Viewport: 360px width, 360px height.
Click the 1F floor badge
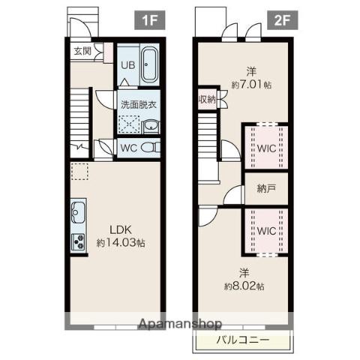pyautogui.click(x=150, y=20)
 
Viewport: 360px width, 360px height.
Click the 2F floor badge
pyautogui.click(x=283, y=20)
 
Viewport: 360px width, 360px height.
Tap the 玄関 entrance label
pyautogui.click(x=82, y=51)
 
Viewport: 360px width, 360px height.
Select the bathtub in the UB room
pyautogui.click(x=149, y=64)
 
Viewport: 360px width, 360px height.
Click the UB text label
pyautogui.click(x=128, y=65)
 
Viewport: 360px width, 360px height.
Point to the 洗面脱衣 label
pyautogui.click(x=139, y=104)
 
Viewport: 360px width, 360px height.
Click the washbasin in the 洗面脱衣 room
pyautogui.click(x=151, y=127)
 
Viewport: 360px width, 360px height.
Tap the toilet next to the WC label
pyautogui.click(x=151, y=148)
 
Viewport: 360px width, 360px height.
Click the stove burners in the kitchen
pyautogui.click(x=79, y=242)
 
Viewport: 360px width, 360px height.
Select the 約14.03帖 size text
pyautogui.click(x=121, y=242)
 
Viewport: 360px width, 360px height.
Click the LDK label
pyautogui.click(x=121, y=230)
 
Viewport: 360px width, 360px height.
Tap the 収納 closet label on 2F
pyautogui.click(x=207, y=100)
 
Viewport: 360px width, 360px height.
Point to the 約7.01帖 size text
pyautogui.click(x=251, y=85)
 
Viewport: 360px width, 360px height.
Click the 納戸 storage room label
pyautogui.click(x=266, y=189)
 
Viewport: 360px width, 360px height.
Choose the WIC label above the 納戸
pyautogui.click(x=266, y=148)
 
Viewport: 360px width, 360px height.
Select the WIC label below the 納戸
pyautogui.click(x=266, y=231)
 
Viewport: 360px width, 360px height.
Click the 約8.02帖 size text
pyautogui.click(x=244, y=286)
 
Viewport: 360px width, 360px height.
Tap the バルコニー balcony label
pyautogui.click(x=243, y=340)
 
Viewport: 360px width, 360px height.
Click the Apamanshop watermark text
pyautogui.click(x=180, y=324)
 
